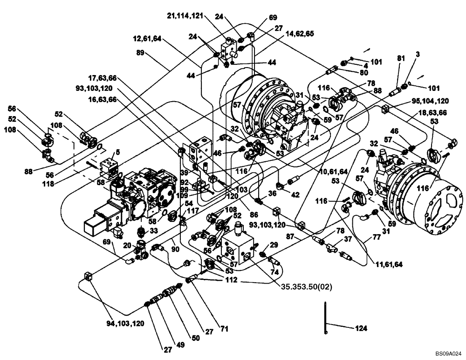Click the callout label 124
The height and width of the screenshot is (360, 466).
click(361, 328)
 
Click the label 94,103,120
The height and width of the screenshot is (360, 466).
click(124, 323)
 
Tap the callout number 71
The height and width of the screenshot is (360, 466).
click(225, 329)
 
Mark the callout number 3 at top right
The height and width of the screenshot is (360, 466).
click(418, 55)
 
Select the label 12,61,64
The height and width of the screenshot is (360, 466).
click(146, 40)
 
